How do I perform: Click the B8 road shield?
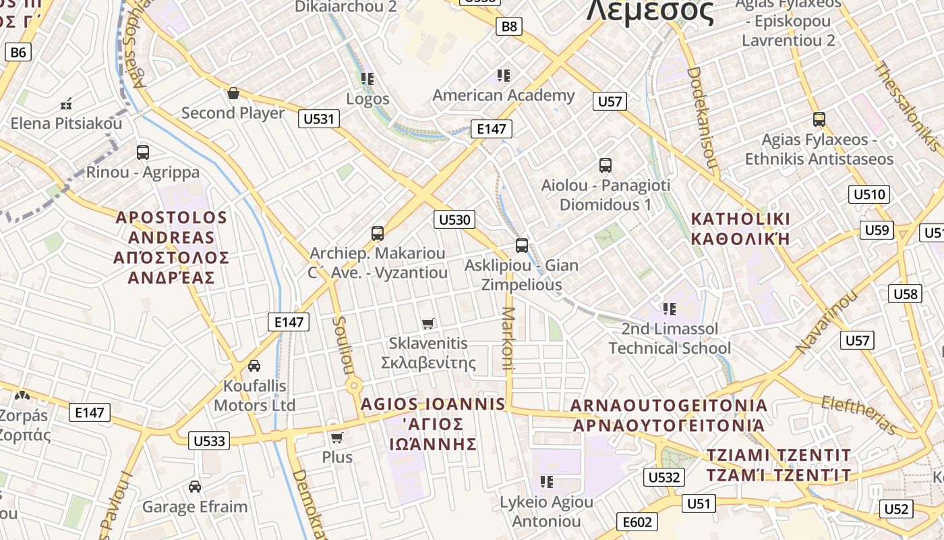pos(509,26)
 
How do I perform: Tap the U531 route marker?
pos(319,119)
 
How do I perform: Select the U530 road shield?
pos(454,219)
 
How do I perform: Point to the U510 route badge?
pos(869,195)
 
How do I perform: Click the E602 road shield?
pos(637,522)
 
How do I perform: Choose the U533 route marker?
pos(209,441)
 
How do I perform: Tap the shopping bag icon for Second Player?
pos(233,93)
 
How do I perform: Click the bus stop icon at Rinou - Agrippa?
pos(143,153)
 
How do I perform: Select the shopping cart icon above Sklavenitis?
pos(427,324)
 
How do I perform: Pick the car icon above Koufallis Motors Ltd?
pos(254,366)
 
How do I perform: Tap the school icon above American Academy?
pos(503,75)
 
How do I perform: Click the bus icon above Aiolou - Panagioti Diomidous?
pos(605,165)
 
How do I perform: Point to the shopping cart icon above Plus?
pos(336,438)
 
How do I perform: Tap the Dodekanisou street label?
pos(702,116)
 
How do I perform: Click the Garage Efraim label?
pos(195,507)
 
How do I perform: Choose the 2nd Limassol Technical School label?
pos(670,339)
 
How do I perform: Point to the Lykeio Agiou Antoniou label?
pos(546,512)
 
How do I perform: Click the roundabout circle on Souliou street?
pos(354,387)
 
